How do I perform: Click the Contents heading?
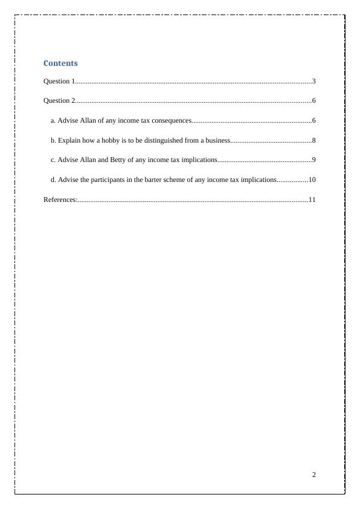click(x=60, y=63)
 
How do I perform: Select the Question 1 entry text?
click(x=58, y=81)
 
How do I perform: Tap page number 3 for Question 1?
click(x=314, y=81)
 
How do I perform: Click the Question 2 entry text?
click(x=58, y=100)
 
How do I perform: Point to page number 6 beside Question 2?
click(x=314, y=100)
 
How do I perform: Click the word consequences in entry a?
click(x=171, y=120)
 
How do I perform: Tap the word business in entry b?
click(x=217, y=140)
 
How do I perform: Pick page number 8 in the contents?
click(x=314, y=140)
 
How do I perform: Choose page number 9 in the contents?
click(x=314, y=160)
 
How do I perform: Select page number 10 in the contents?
click(x=312, y=180)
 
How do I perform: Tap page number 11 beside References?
click(x=312, y=199)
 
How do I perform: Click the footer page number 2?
click(x=314, y=475)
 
